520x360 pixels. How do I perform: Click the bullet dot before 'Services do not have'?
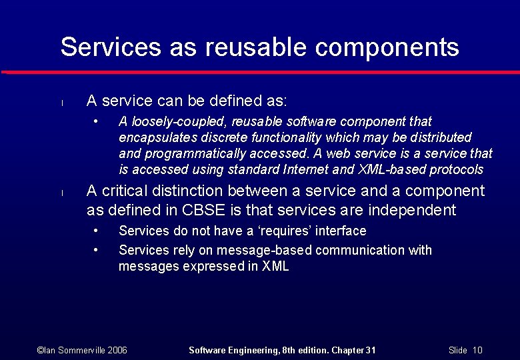97,231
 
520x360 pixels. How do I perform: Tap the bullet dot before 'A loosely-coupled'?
97,121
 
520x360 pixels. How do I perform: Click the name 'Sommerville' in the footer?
75,350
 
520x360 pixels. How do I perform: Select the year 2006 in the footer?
117,350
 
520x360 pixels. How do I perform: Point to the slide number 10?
477,350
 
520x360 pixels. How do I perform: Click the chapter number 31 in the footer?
371,350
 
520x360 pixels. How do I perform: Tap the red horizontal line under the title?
260,72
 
